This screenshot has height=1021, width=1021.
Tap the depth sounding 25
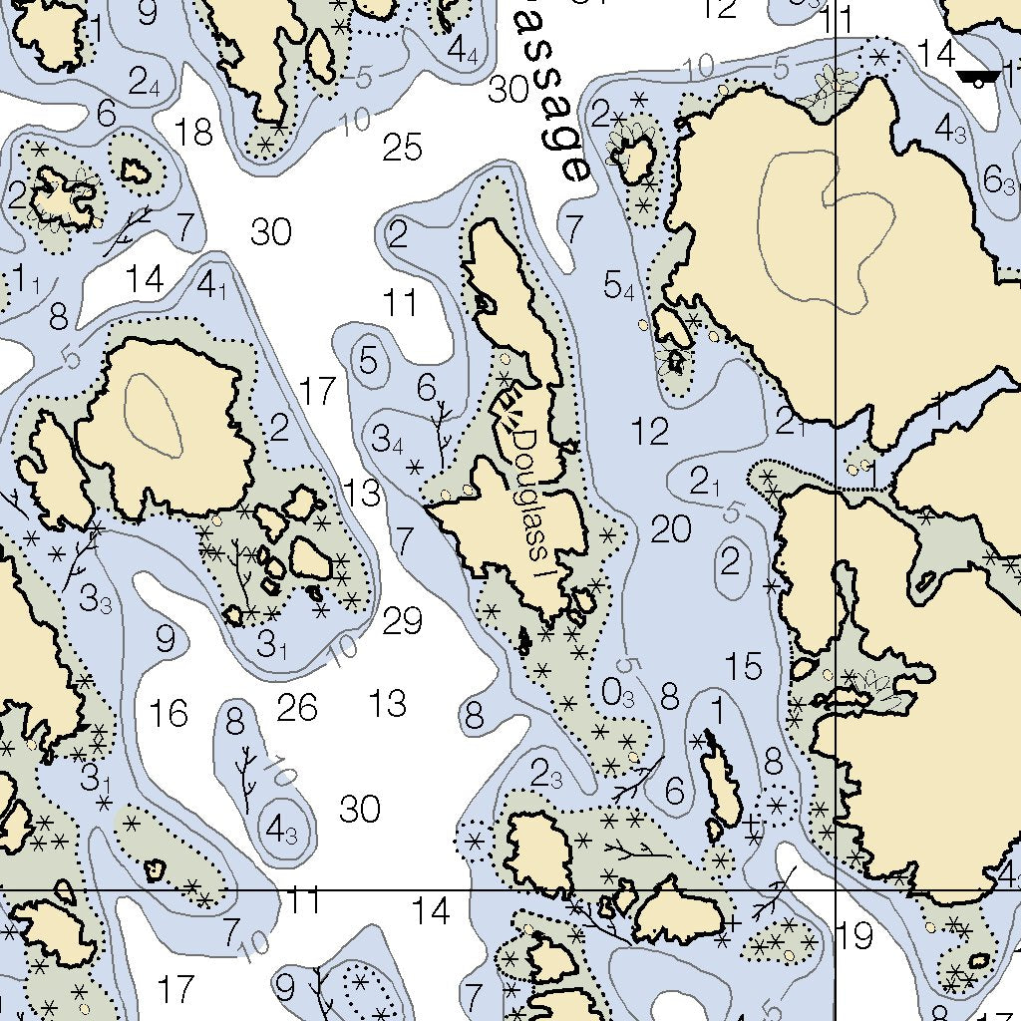pyautogui.click(x=403, y=149)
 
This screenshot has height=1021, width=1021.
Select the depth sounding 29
pyautogui.click(x=403, y=621)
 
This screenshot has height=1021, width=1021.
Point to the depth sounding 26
pyautogui.click(x=297, y=708)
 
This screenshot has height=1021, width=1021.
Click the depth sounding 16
pyautogui.click(x=169, y=713)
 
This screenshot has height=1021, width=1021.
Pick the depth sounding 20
pyautogui.click(x=671, y=530)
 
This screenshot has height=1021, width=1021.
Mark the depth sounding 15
pyautogui.click(x=744, y=666)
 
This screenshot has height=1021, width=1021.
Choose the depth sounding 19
pyautogui.click(x=855, y=936)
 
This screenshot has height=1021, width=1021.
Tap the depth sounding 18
pyautogui.click(x=193, y=131)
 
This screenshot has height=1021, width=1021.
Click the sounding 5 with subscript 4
pyautogui.click(x=619, y=287)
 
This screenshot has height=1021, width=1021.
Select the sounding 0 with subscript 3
pyautogui.click(x=618, y=691)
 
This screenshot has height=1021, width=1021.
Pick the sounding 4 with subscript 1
pyautogui.click(x=212, y=287)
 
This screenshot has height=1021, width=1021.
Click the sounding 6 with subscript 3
pyautogui.click(x=999, y=180)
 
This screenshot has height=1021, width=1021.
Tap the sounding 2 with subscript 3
pyautogui.click(x=546, y=774)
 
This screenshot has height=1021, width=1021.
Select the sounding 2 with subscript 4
pyautogui.click(x=144, y=80)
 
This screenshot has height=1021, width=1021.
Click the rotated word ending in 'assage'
pyautogui.click(x=554, y=100)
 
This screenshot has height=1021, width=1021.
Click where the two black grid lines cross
pyautogui.click(x=835, y=889)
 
